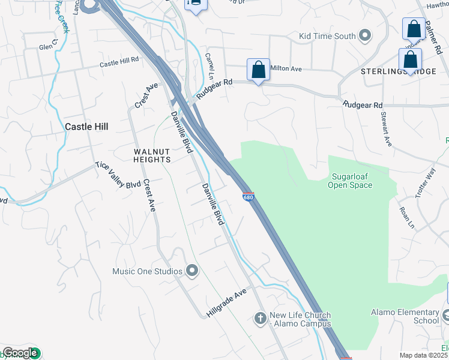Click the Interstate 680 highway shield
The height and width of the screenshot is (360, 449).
tap(249, 197)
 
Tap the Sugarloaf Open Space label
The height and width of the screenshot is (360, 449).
tap(350, 181)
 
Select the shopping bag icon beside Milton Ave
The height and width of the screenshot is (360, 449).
tap(258, 70)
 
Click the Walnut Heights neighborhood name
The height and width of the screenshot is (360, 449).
tap(152, 156)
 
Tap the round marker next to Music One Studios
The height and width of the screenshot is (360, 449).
tap(192, 272)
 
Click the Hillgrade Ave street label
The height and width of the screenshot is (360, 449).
tap(226, 301)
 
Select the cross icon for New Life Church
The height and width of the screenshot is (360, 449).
tap(260, 317)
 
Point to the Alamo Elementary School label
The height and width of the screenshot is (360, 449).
tap(405, 316)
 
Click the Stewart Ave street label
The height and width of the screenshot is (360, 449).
tap(385, 129)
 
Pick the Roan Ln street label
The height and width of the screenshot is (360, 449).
tap(406, 218)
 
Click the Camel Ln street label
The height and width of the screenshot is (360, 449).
tap(209, 65)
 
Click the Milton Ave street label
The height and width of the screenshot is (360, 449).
tap(286, 68)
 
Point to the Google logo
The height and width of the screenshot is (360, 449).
tap(20, 353)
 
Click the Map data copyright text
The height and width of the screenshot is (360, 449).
tap(424, 355)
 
